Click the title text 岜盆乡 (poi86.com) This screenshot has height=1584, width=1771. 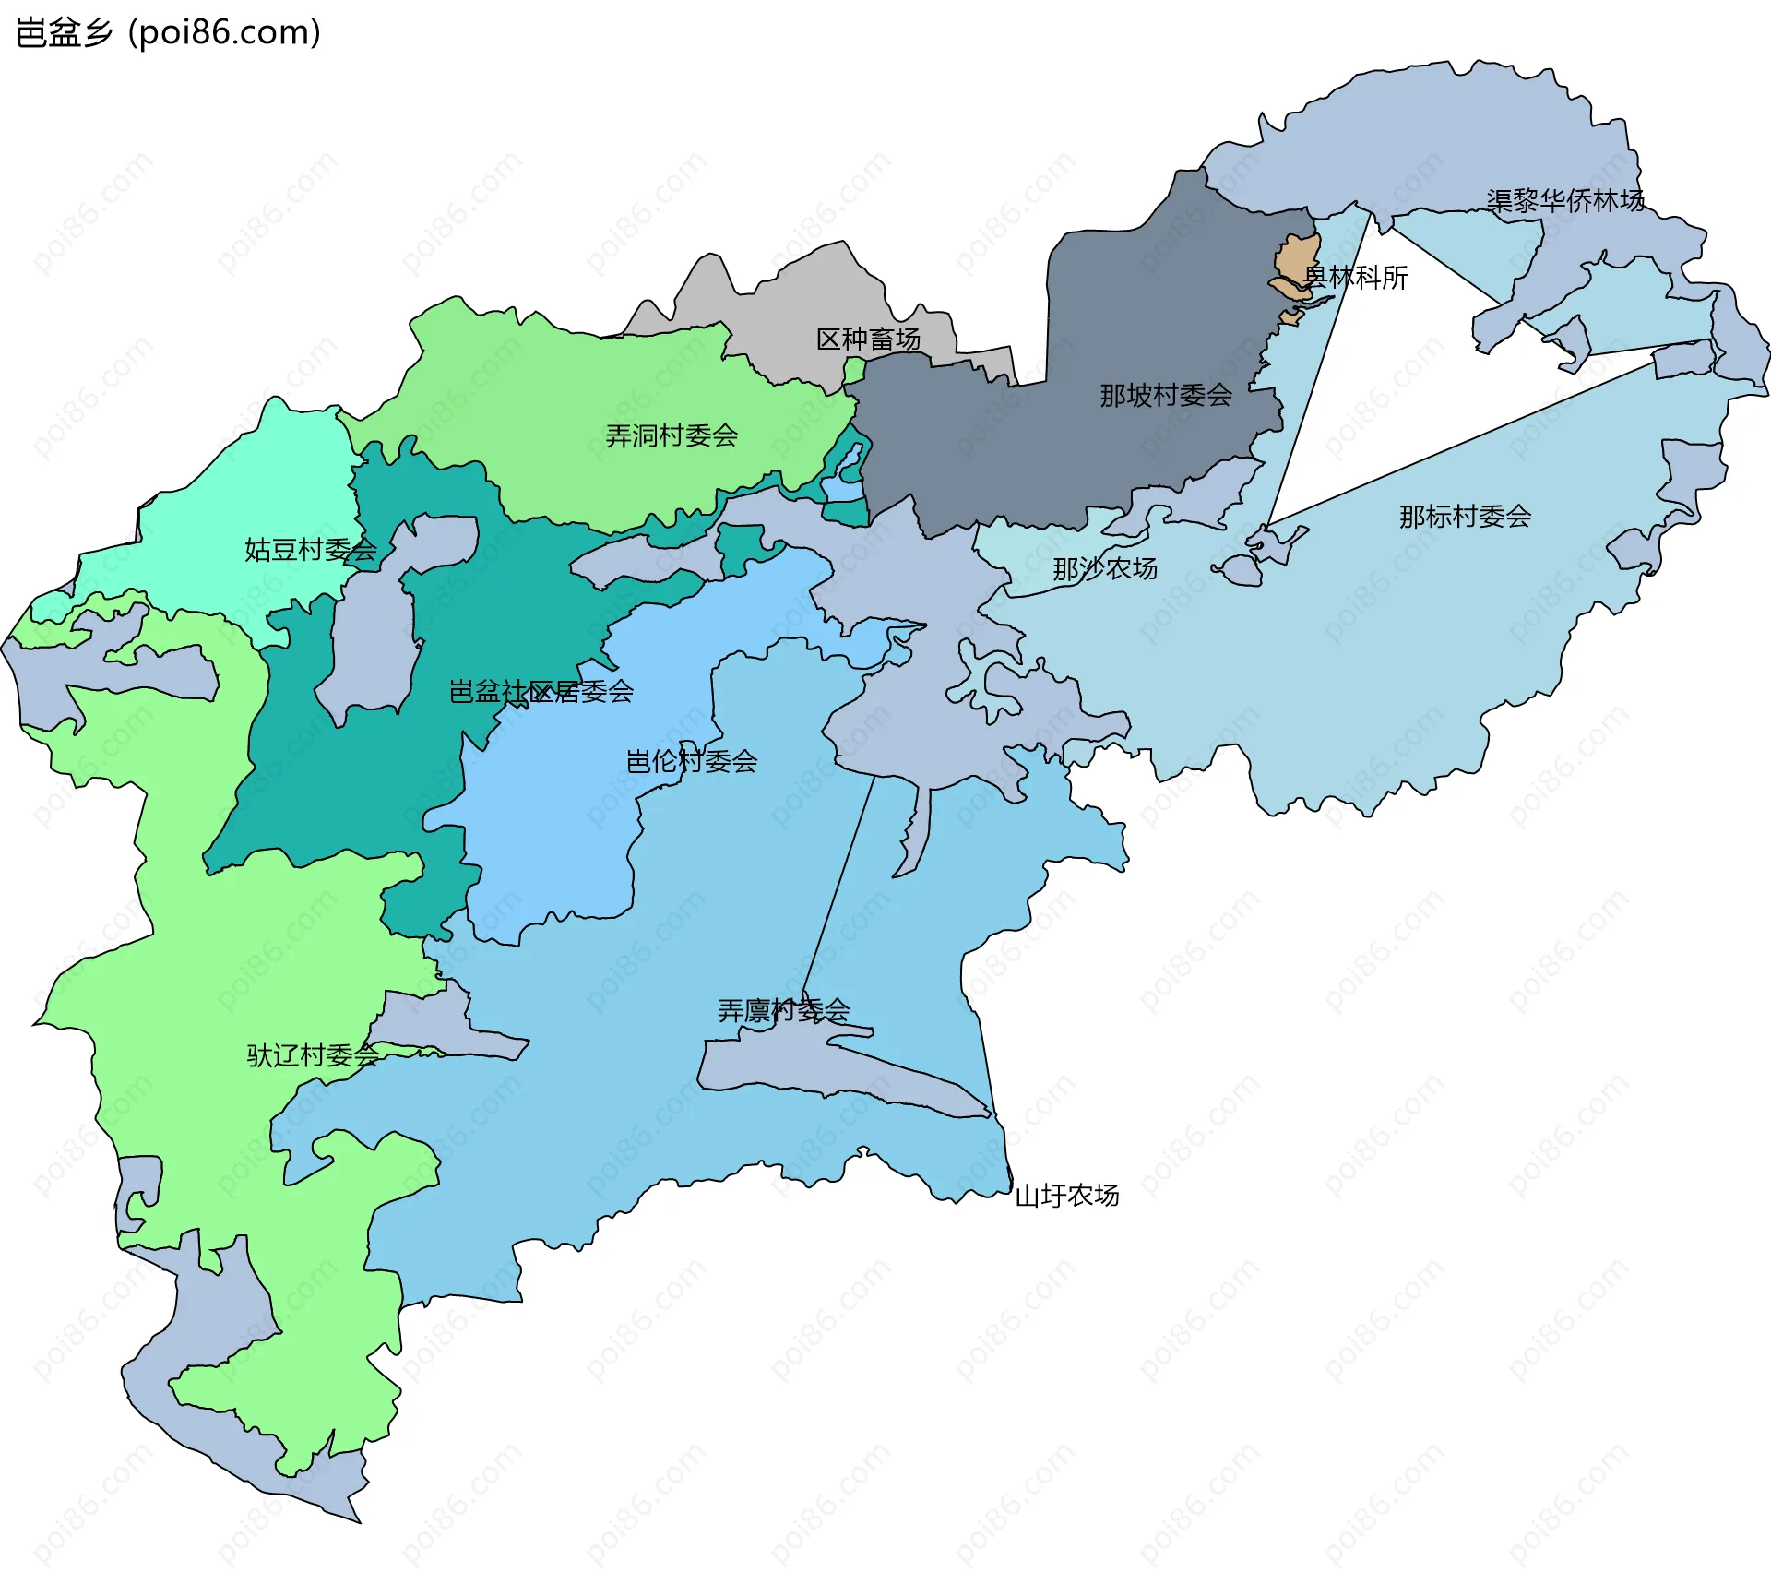tap(169, 32)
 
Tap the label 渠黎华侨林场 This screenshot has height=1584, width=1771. tap(1564, 200)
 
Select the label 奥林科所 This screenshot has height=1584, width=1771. tap(1355, 277)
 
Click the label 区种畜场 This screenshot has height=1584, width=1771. tap(868, 339)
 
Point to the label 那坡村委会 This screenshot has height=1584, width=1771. tap(1165, 396)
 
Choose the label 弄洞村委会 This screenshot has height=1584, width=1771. tap(671, 435)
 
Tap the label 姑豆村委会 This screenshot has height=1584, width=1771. tap(310, 550)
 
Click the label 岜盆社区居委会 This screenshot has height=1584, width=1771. tap(541, 692)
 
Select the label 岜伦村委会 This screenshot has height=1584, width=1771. tap(691, 762)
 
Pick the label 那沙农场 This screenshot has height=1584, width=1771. tap(1104, 569)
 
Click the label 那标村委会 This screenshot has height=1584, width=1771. tap(1464, 517)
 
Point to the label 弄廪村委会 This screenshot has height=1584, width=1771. tap(783, 1011)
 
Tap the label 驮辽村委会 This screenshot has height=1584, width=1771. tap(312, 1055)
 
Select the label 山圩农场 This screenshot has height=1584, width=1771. tap(1066, 1196)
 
